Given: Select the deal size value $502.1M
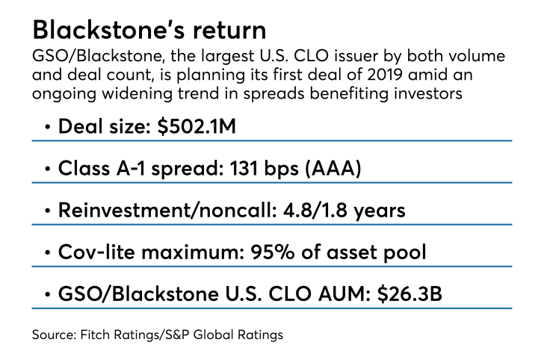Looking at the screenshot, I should point(211,126).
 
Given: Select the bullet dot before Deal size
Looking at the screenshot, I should point(48,127).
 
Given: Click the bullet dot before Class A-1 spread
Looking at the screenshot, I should point(48,169).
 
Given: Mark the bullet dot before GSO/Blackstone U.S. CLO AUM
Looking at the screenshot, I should point(48,294).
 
